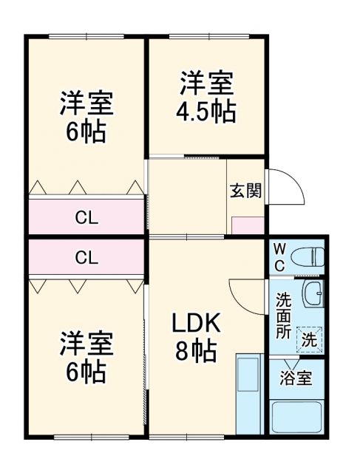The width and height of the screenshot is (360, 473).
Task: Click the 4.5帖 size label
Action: [206, 112]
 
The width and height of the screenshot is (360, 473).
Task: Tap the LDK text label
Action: [197, 323]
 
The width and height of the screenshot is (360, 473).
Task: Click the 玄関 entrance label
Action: [245, 190]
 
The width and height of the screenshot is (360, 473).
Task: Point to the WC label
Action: [280, 256]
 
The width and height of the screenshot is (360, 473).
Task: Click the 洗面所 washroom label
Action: [283, 314]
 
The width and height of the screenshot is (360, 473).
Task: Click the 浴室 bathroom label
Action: [296, 379]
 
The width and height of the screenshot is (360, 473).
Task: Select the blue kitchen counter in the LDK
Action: [249, 393]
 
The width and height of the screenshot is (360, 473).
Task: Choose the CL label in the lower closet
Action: [86, 257]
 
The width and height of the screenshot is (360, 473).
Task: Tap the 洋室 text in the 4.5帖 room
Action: [206, 82]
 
